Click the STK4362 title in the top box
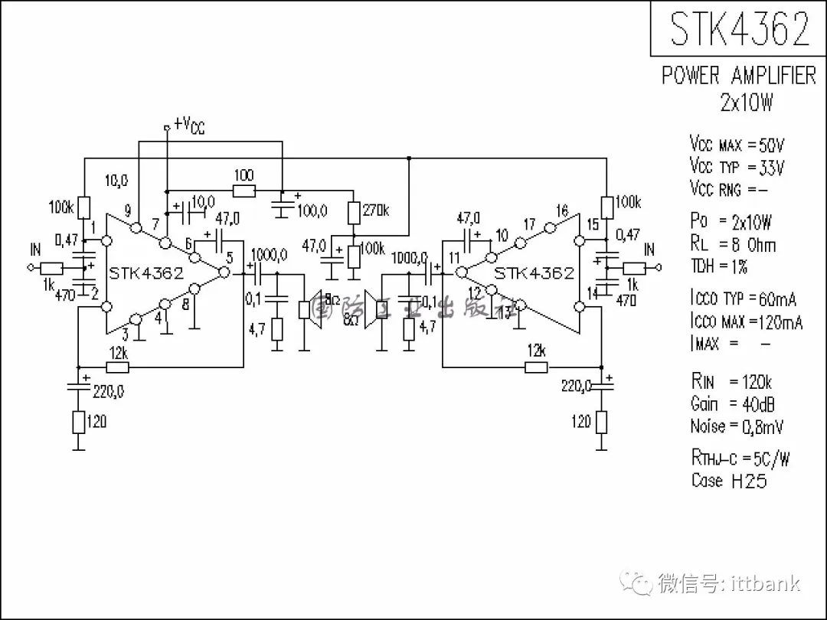(x=739, y=29)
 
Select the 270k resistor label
(x=374, y=210)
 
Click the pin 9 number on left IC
(x=128, y=211)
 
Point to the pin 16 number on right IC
(x=562, y=211)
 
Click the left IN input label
(x=35, y=250)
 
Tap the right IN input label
(x=649, y=250)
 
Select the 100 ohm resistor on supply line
(x=244, y=191)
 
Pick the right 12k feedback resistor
(x=536, y=367)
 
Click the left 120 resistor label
(x=97, y=421)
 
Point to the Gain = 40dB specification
(x=733, y=404)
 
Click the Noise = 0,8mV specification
(x=737, y=426)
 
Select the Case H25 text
(x=728, y=481)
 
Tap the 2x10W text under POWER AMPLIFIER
(x=746, y=102)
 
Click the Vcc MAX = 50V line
(x=737, y=145)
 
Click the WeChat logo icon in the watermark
(x=636, y=582)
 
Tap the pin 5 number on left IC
(x=229, y=257)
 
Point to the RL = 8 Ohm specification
(x=733, y=245)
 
